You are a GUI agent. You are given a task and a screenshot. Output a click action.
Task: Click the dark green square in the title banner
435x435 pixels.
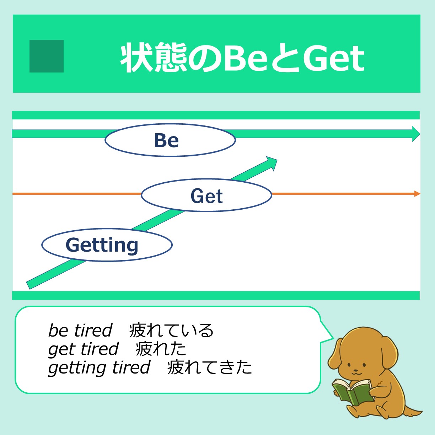coord(47,56)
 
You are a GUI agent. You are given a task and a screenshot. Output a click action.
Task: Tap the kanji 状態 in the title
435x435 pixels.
coord(154,58)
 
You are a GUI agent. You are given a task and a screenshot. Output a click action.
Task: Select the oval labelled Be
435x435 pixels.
coord(170,140)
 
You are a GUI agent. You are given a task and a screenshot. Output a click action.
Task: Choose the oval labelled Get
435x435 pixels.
coord(206,195)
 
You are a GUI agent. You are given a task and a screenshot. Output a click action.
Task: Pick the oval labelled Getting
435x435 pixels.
coord(107,245)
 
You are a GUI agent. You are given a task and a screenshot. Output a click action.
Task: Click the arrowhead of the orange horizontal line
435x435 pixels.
coord(417,194)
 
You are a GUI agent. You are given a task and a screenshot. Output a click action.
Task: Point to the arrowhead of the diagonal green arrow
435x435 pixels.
coord(272,163)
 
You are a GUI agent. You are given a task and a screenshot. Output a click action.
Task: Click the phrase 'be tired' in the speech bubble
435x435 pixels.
coord(80,330)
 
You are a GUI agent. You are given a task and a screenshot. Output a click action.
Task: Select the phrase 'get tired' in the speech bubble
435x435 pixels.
coord(83,349)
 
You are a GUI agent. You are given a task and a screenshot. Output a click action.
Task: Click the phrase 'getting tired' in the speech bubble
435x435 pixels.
coord(99,367)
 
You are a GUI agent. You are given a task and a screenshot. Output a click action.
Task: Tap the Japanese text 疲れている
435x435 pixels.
coord(171,330)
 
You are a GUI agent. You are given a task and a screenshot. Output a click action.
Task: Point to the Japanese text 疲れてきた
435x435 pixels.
coord(209,367)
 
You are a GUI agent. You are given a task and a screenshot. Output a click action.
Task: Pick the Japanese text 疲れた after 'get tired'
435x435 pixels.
coord(161,349)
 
